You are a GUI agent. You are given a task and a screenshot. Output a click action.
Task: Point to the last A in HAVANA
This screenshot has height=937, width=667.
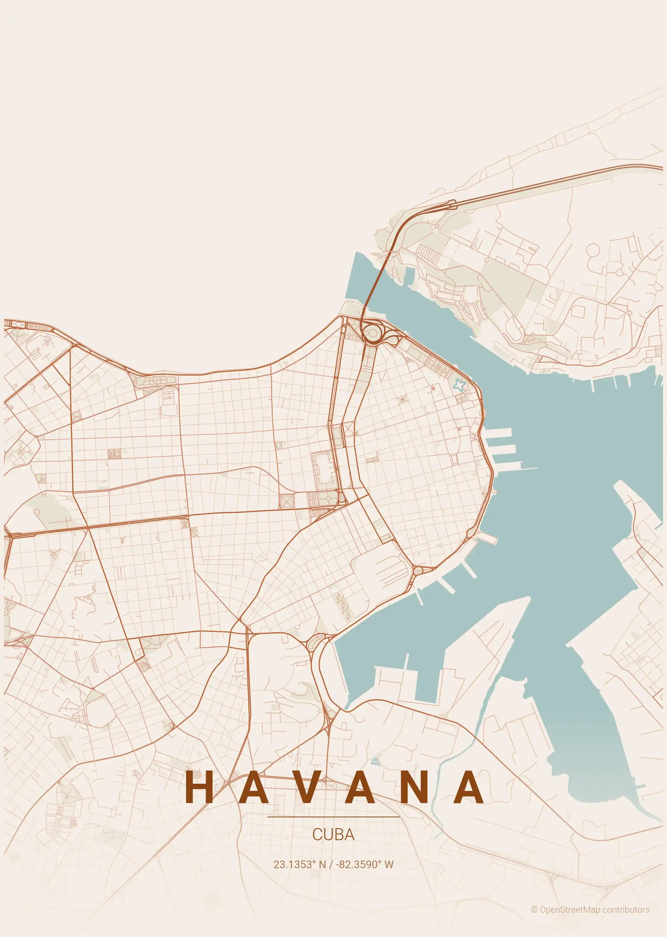click(469, 787)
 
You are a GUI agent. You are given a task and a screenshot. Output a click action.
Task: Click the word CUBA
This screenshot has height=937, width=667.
click(333, 834)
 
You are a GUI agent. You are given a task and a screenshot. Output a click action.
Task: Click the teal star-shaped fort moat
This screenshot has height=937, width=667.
click(460, 385)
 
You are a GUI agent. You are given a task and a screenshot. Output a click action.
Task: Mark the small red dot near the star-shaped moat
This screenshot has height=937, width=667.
click(433, 387)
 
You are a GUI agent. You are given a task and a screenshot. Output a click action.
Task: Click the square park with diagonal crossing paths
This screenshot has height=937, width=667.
click(286, 501)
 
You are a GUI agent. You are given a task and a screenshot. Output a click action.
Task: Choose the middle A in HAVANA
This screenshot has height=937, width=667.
click(360, 787)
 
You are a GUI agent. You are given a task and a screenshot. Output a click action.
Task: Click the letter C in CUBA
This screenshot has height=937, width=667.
click(317, 834)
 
